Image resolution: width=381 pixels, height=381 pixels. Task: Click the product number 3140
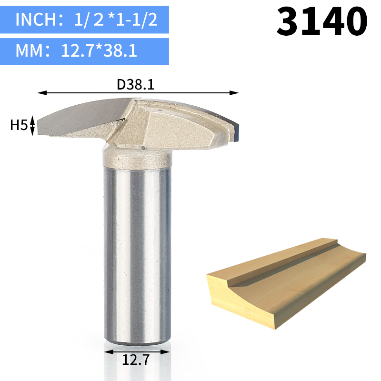click(x=322, y=21)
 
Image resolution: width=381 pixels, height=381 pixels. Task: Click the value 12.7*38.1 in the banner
click(x=99, y=50)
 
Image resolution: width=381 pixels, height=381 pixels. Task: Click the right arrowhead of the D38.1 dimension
click(x=234, y=93)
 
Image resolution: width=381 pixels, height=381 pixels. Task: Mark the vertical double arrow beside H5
click(x=32, y=125)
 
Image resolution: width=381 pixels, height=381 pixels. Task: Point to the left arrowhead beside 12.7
click(x=107, y=352)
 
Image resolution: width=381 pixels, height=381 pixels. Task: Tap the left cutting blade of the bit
click(x=81, y=117)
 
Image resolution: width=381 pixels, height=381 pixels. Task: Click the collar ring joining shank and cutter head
click(x=136, y=160)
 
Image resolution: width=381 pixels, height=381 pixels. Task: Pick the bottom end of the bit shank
click(x=136, y=342)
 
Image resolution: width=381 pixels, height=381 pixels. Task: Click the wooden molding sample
click(x=286, y=281)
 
